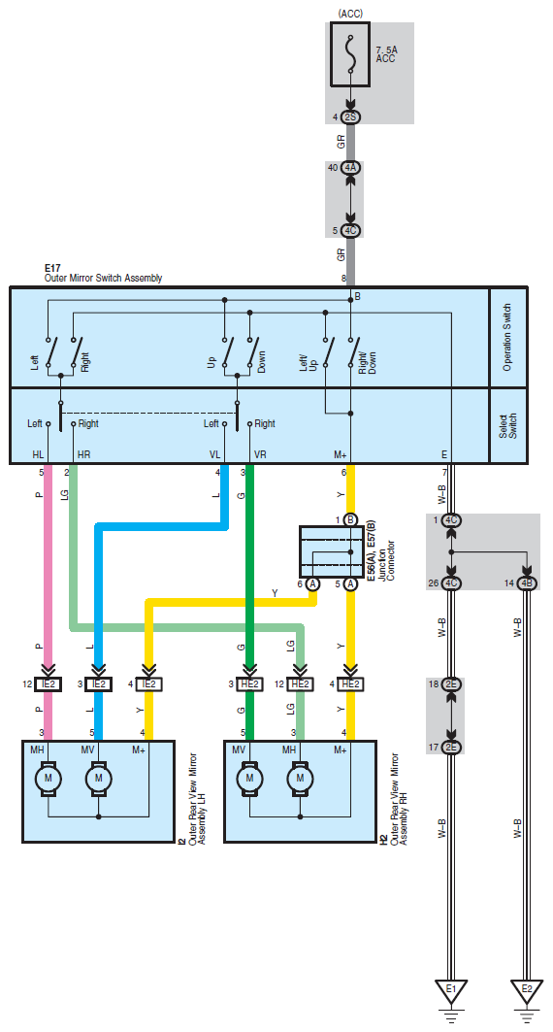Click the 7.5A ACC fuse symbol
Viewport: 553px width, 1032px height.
[x=350, y=54]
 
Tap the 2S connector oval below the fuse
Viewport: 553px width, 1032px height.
[x=350, y=117]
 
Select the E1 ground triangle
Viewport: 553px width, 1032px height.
[x=451, y=990]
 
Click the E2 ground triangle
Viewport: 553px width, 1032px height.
[x=527, y=990]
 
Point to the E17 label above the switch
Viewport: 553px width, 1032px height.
[x=52, y=269]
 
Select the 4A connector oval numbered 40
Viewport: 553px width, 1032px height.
[x=350, y=168]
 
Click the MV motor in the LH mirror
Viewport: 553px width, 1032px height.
[x=99, y=778]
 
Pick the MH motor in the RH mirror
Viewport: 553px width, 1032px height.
[x=301, y=778]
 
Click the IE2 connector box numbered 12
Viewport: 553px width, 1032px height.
[x=48, y=684]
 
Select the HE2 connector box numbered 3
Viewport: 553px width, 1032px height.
[x=250, y=684]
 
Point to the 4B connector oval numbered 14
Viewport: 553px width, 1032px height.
[x=527, y=583]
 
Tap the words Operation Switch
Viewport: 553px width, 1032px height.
[x=507, y=337]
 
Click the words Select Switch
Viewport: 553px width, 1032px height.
[x=507, y=426]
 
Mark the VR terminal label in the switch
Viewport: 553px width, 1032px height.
[x=260, y=454]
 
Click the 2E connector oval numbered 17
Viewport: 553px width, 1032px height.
[x=451, y=747]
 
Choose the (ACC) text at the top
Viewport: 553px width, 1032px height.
[x=350, y=14]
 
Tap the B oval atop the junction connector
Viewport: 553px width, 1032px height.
[x=350, y=520]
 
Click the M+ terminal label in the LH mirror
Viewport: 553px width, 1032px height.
[x=139, y=749]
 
